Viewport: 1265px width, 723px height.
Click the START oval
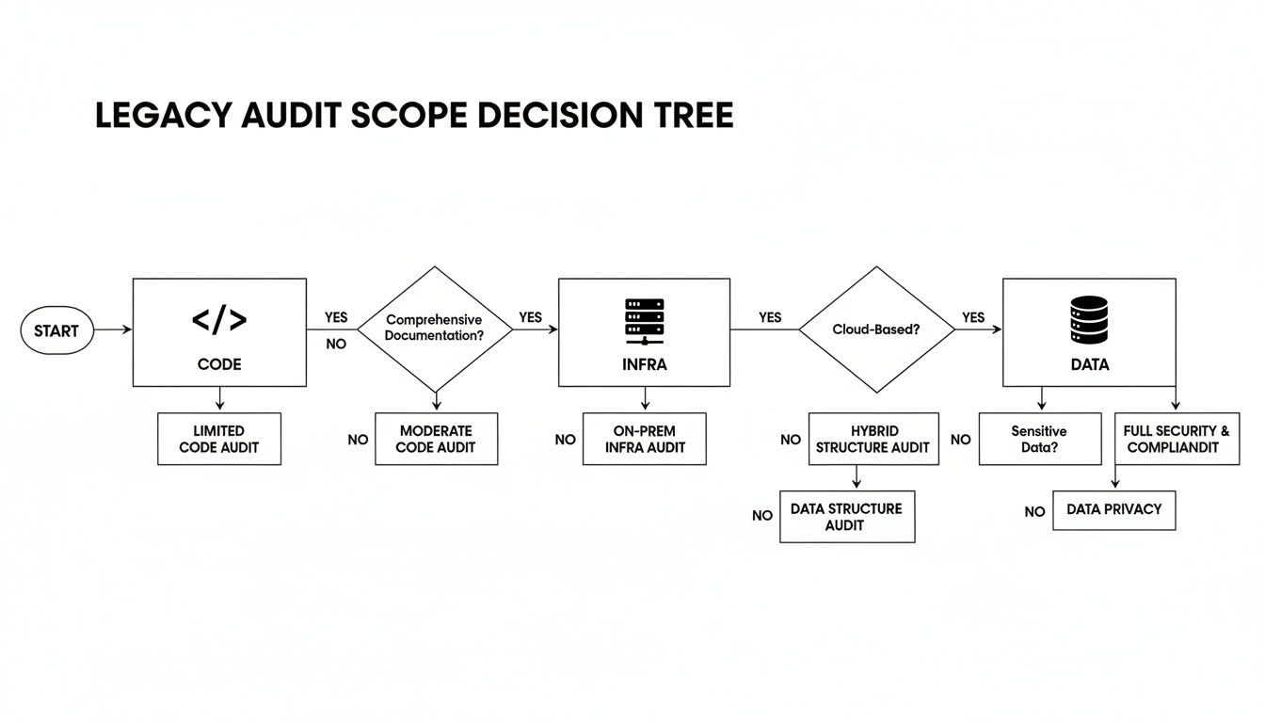(x=56, y=331)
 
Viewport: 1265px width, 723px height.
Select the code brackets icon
(x=219, y=320)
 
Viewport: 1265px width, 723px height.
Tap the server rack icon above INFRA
(x=644, y=321)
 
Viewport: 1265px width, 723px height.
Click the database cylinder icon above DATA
(x=1089, y=320)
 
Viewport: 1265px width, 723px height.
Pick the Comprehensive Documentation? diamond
(x=435, y=329)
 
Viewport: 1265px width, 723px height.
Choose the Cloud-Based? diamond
(x=876, y=329)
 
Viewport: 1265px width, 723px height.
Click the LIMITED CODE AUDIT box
(x=219, y=439)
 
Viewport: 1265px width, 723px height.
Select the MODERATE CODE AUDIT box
(x=435, y=439)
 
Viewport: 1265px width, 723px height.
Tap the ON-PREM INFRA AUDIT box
(x=644, y=439)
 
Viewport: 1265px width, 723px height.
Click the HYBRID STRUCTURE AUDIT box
(x=873, y=439)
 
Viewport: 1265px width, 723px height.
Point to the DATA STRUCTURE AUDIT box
(x=846, y=516)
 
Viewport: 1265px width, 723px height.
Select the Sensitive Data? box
(x=1039, y=439)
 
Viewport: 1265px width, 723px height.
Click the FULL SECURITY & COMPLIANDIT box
(x=1177, y=439)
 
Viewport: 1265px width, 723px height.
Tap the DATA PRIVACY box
(x=1113, y=509)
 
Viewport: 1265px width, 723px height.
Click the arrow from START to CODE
(x=113, y=330)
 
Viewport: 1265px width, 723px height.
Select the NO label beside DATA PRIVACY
(x=1034, y=512)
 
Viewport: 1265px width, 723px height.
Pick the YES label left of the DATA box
(x=973, y=317)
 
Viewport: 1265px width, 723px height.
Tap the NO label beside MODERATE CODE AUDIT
(x=358, y=440)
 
